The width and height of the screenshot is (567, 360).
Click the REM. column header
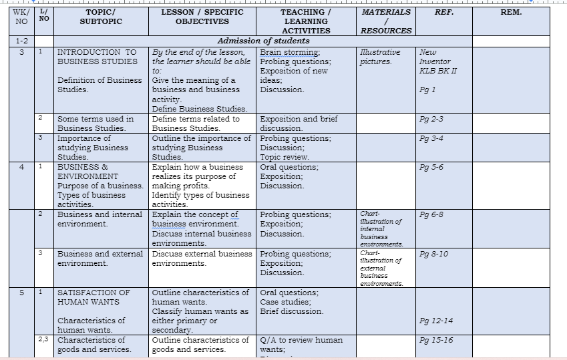(x=511, y=12)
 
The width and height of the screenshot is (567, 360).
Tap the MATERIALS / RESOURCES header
(x=385, y=21)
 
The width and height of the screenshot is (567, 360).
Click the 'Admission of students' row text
(x=263, y=41)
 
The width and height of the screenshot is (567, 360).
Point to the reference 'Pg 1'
(x=427, y=89)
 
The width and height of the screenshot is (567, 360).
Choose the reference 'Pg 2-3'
(x=431, y=119)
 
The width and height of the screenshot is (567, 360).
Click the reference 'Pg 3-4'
(x=431, y=138)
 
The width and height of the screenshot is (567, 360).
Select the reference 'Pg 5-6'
(x=431, y=167)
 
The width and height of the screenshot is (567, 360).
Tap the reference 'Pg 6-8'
(x=431, y=214)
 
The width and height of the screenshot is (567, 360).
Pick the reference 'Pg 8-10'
(x=433, y=254)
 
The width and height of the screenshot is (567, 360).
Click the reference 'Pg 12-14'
(x=435, y=321)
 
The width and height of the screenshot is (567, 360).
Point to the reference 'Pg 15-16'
(x=435, y=340)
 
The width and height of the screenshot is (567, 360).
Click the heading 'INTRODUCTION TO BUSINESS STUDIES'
(x=97, y=57)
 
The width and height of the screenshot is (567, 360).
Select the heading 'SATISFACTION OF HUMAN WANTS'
(x=93, y=297)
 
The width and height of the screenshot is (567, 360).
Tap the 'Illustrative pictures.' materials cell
(x=380, y=57)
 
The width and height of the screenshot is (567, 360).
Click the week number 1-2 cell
(x=21, y=41)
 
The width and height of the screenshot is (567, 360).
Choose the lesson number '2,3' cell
(x=43, y=340)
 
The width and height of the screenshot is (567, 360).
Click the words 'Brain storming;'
(x=290, y=52)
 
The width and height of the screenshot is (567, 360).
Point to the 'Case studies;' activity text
(x=286, y=302)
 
